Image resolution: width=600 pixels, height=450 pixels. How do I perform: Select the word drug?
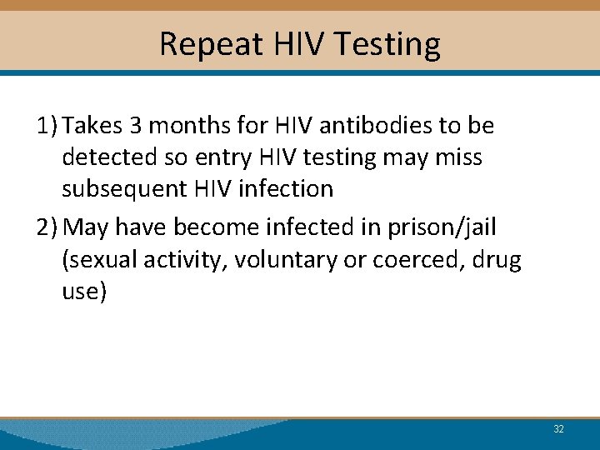coord(497,261)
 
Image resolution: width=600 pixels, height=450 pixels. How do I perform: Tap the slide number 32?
coord(558,429)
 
